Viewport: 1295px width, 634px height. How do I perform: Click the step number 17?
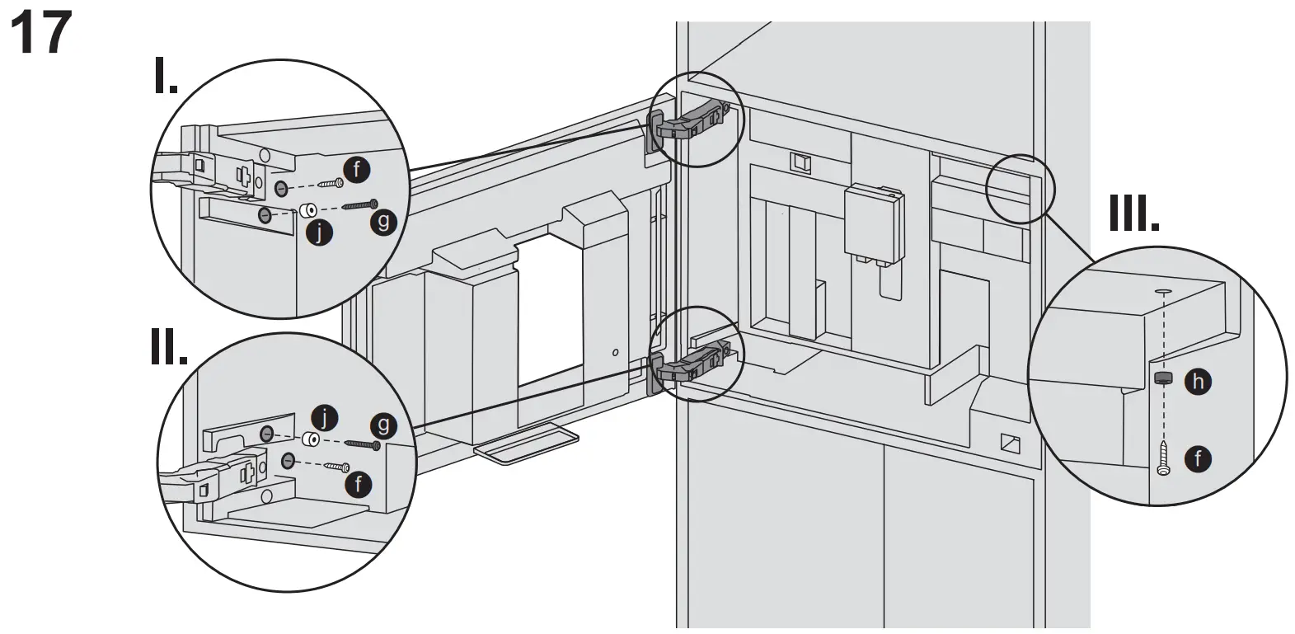pos(39,34)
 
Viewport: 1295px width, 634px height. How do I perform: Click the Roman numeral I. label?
pos(166,76)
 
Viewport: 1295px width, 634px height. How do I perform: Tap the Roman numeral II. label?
pos(168,349)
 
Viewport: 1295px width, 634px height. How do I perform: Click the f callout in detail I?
pos(356,170)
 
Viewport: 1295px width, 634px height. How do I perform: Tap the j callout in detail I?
pos(319,233)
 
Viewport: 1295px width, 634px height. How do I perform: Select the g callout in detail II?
pos(382,425)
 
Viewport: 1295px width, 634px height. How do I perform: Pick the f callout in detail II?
pos(358,483)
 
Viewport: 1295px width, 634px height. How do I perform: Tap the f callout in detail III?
pos(1198,458)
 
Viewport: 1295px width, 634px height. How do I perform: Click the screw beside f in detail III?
pos(1163,458)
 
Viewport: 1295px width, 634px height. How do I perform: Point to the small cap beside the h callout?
pos(1163,378)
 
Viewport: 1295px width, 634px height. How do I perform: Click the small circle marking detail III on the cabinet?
pos(1020,188)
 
